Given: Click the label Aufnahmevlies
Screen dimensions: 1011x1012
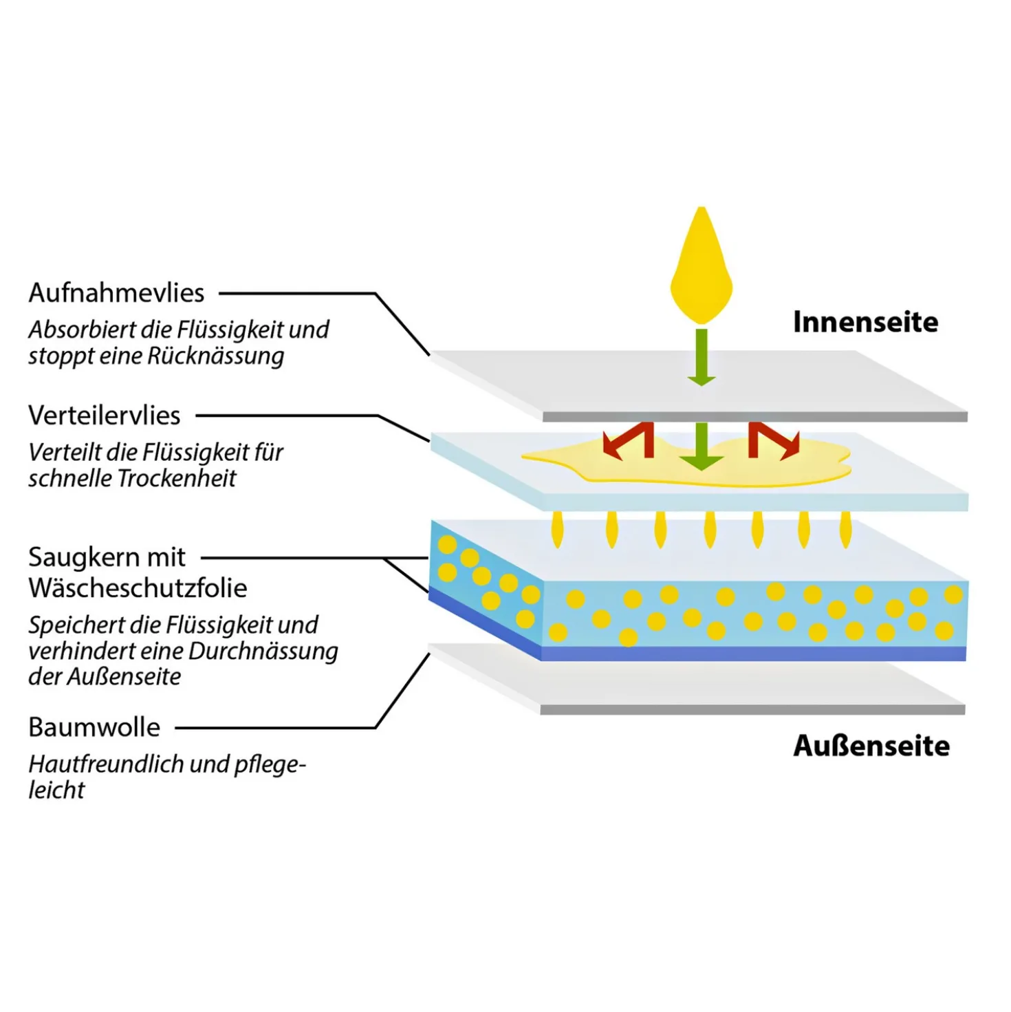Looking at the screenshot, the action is click(116, 292).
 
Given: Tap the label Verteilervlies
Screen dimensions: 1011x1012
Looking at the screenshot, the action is click(104, 415).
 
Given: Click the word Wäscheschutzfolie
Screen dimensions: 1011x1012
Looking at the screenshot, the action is click(138, 587).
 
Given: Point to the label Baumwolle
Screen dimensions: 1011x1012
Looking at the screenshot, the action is click(94, 726).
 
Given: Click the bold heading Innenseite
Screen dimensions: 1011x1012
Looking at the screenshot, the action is click(865, 322).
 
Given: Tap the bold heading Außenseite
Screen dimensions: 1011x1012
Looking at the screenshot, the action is click(871, 746).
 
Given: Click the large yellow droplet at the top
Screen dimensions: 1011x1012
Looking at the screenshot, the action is click(701, 265).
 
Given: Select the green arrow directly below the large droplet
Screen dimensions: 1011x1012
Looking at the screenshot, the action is click(701, 357).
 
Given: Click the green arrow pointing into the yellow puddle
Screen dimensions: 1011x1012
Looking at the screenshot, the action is click(701, 446).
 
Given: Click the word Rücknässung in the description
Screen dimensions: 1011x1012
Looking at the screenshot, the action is click(215, 356).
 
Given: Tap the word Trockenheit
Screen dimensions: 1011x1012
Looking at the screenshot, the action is click(177, 478).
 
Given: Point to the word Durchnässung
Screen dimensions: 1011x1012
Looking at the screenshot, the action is click(263, 652).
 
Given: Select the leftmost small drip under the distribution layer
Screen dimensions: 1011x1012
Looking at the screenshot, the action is click(557, 530).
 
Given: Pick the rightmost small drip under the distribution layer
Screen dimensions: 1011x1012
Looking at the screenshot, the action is click(845, 530).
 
